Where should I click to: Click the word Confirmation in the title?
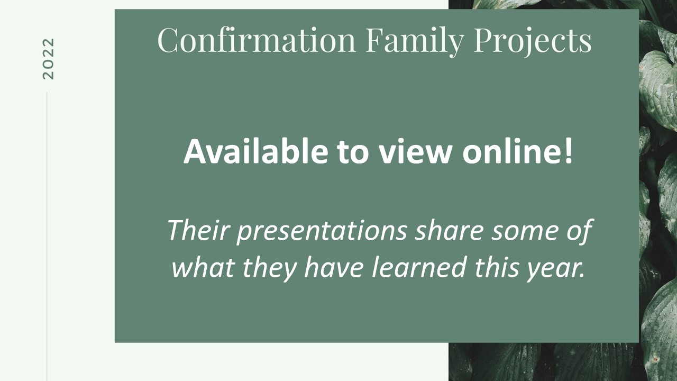point(257,40)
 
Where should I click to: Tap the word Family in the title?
point(415,42)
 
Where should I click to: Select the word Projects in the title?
point(533,42)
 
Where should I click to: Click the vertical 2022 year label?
point(48,59)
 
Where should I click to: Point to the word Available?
point(255,151)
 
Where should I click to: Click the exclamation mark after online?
point(568,152)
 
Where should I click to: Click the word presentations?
point(322,232)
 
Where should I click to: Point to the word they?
point(270,269)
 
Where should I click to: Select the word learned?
point(418,267)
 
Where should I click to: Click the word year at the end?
point(555,270)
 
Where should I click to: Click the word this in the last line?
point(497,267)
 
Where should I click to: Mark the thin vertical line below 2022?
point(47,237)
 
